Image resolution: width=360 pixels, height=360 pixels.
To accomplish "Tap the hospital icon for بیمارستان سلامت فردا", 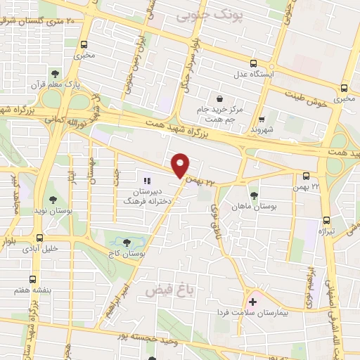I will coord(252,302).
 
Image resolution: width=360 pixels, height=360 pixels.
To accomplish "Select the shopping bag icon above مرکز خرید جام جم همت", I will coord(221,98).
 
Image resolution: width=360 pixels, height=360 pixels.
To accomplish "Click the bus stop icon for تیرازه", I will coord(324,219).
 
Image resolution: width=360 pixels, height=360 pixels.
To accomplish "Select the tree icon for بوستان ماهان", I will coord(254,195).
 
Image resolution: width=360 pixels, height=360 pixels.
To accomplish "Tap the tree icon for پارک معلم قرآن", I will coord(54,73).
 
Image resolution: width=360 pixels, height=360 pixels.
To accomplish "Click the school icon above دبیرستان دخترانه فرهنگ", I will coord(146,181).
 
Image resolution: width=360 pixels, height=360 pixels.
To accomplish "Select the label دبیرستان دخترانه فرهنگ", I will coord(151,195).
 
